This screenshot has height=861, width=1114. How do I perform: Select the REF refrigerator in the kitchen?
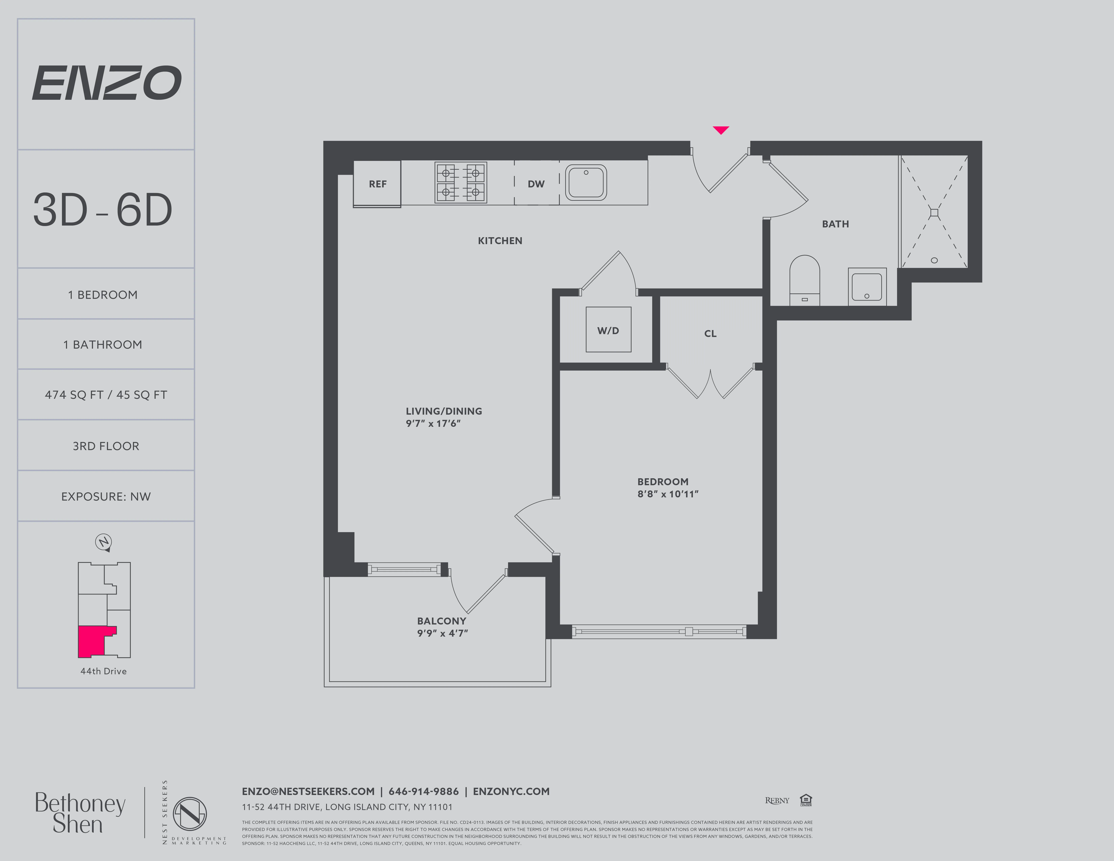(x=377, y=184)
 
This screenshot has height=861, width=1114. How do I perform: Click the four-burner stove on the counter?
(x=461, y=183)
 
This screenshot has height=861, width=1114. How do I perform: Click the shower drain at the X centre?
(x=934, y=213)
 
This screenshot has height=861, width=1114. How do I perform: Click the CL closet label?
(x=710, y=334)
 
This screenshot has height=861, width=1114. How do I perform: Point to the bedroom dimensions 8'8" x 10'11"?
(x=668, y=494)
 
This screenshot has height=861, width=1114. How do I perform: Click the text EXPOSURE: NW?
(x=106, y=496)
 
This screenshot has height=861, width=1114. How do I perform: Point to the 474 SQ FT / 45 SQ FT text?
(x=106, y=395)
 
